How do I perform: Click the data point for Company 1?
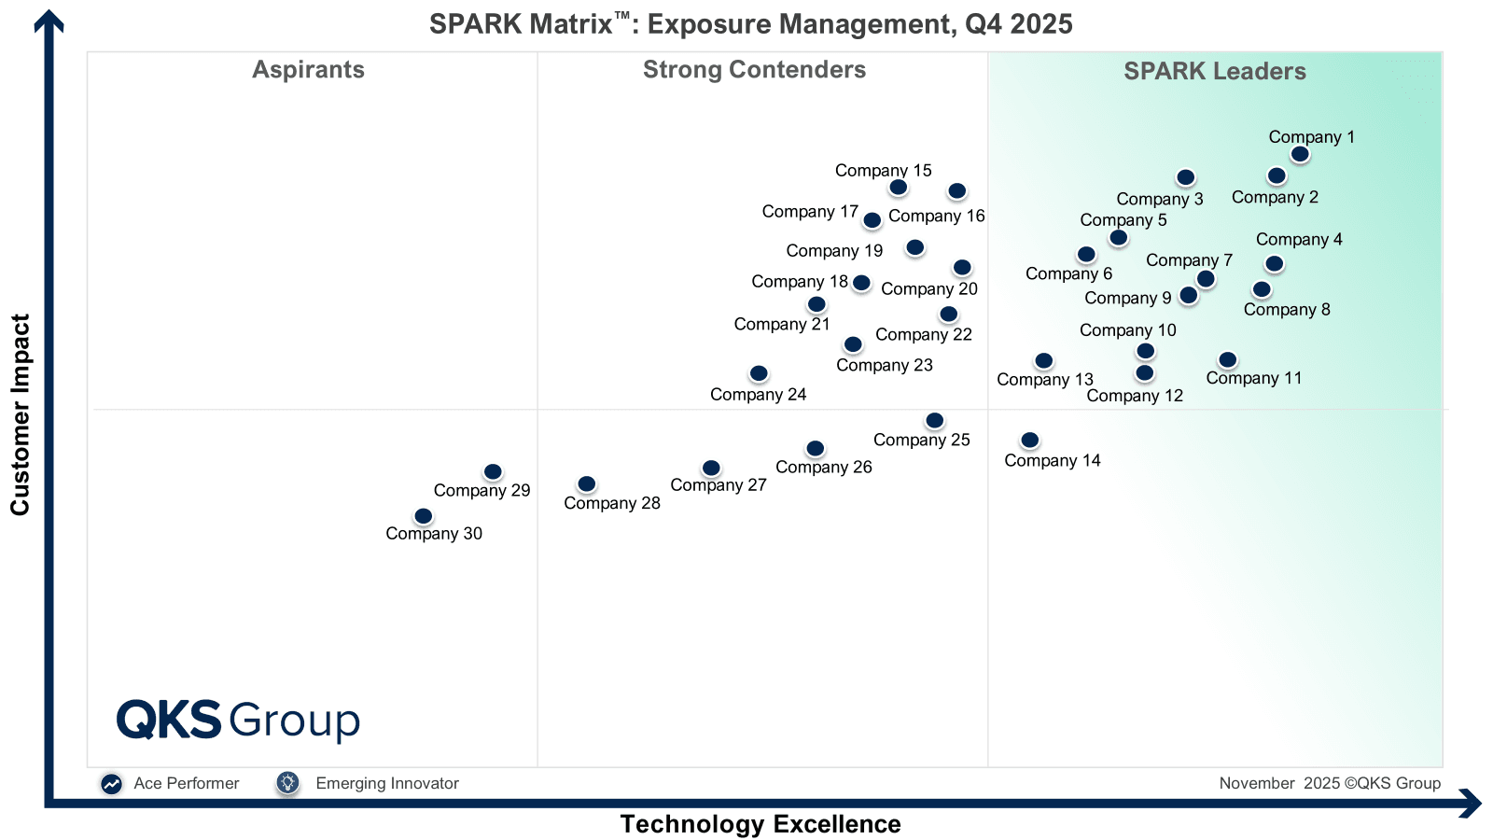pyautogui.click(x=1300, y=154)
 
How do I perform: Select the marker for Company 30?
pyautogui.click(x=423, y=516)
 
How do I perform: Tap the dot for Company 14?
pyautogui.click(x=1029, y=441)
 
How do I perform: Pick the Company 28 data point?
pyautogui.click(x=586, y=484)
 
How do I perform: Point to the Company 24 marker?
pyautogui.click(x=759, y=373)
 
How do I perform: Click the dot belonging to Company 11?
pyautogui.click(x=1228, y=360)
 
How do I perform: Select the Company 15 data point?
pyautogui.click(x=898, y=188)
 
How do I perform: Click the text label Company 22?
pyautogui.click(x=923, y=334)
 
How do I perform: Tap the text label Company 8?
pyautogui.click(x=1287, y=310)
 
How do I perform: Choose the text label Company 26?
pyautogui.click(x=823, y=467)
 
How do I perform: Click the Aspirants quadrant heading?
pyautogui.click(x=308, y=70)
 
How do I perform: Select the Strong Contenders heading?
pyautogui.click(x=754, y=70)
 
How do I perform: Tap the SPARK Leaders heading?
pyautogui.click(x=1214, y=72)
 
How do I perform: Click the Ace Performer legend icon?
pyautogui.click(x=112, y=784)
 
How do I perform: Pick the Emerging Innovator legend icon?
pyautogui.click(x=287, y=783)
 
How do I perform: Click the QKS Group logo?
pyautogui.click(x=238, y=721)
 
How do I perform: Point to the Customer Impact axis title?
pyautogui.click(x=21, y=414)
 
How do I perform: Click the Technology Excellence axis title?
pyautogui.click(x=760, y=824)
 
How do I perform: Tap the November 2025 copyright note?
pyautogui.click(x=1329, y=783)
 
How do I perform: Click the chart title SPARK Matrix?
pyautogui.click(x=750, y=23)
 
